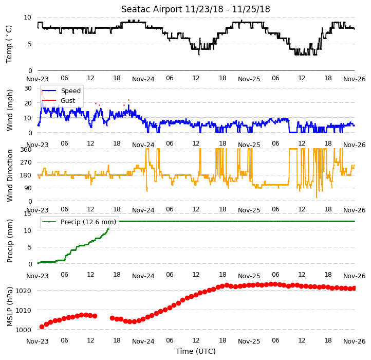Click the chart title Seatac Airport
[x=152, y=9]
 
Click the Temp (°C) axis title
[x=9, y=44]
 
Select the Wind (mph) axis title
[x=10, y=110]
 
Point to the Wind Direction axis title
[x=10, y=175]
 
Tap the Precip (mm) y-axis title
[x=10, y=241]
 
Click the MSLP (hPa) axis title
[x=10, y=307]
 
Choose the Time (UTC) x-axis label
[x=196, y=351]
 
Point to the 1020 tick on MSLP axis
[x=24, y=291]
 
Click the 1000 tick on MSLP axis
[x=24, y=330]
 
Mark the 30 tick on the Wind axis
[x=28, y=88]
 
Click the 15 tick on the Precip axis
[x=28, y=214]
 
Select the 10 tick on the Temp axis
[x=27, y=17]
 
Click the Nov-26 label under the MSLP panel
[x=355, y=341]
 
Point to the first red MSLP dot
[x=42, y=327]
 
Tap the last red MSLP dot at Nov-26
[x=354, y=288]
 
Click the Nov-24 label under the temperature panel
[x=143, y=79]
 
